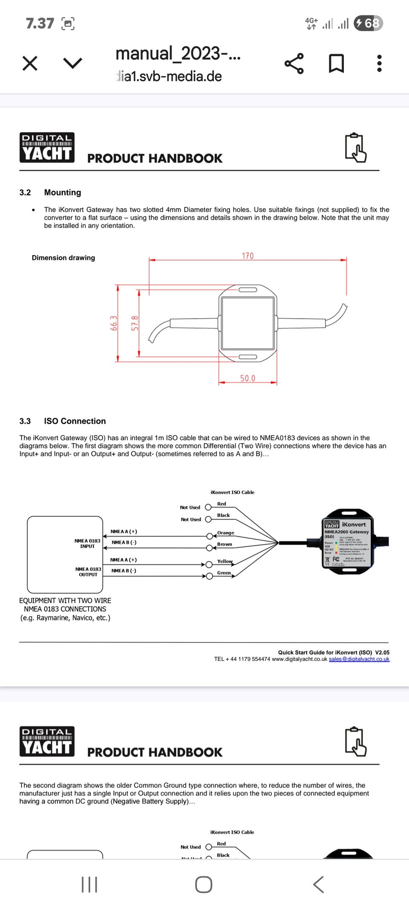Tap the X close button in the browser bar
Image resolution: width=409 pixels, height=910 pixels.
pyautogui.click(x=30, y=64)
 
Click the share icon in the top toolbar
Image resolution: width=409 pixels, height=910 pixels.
pyautogui.click(x=294, y=64)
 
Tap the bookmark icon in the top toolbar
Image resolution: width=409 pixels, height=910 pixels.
pyautogui.click(x=336, y=64)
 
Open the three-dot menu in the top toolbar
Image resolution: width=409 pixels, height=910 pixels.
pyautogui.click(x=379, y=64)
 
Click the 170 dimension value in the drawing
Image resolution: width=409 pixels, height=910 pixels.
pyautogui.click(x=248, y=256)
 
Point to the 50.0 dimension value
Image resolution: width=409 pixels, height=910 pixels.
pyautogui.click(x=248, y=378)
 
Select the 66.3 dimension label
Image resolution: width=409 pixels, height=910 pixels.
pyautogui.click(x=114, y=323)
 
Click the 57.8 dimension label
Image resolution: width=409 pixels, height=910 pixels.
pyautogui.click(x=135, y=323)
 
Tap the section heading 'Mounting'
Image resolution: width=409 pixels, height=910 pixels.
pyautogui.click(x=62, y=192)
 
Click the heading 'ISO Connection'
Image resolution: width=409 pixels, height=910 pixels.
pyautogui.click(x=75, y=421)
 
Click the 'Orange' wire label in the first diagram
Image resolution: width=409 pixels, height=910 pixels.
pyautogui.click(x=225, y=533)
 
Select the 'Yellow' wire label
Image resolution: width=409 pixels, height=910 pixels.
pyautogui.click(x=225, y=561)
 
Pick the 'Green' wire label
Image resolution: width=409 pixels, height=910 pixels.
pyautogui.click(x=224, y=573)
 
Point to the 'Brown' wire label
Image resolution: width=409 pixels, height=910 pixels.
pyautogui.click(x=225, y=544)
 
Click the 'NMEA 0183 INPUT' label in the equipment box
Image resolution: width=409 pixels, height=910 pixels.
pyautogui.click(x=87, y=544)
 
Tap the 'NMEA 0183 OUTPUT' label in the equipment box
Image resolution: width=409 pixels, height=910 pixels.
pyautogui.click(x=88, y=572)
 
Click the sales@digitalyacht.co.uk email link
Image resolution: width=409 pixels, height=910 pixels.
pyautogui.click(x=359, y=659)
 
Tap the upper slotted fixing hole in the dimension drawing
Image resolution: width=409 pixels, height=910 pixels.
pyautogui.click(x=248, y=290)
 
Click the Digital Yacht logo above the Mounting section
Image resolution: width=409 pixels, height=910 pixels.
pyautogui.click(x=47, y=148)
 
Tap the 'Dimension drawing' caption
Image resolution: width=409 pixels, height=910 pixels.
pyautogui.click(x=63, y=258)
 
